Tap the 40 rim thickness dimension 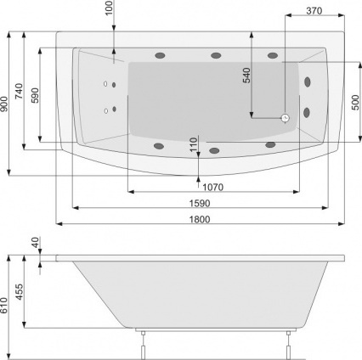pos(35,243)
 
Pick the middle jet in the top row pos(216,57)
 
